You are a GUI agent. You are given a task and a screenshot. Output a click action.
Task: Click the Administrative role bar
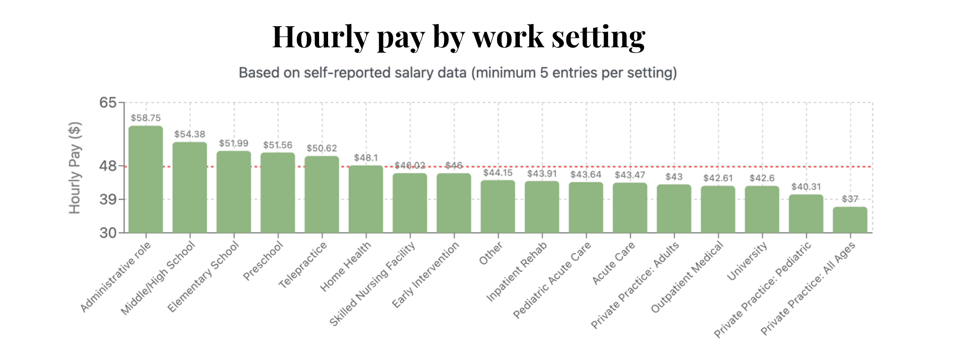146,180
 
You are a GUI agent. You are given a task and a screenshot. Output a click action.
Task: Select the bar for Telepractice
322,194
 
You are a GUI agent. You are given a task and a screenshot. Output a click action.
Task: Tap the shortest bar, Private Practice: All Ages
850,220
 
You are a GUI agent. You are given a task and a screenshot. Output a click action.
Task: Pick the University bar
762,209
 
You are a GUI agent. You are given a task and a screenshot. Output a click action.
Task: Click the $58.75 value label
146,118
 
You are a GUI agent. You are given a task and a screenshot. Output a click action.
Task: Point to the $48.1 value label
366,158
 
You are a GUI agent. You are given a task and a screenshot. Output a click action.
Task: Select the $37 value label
850,199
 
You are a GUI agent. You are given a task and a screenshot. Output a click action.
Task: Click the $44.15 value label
498,173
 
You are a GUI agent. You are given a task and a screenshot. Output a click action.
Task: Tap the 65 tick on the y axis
108,102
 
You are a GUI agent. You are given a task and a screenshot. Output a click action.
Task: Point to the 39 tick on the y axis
108,200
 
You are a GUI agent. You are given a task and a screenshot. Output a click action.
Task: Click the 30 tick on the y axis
108,233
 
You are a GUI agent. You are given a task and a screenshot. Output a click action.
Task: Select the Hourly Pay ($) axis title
75,167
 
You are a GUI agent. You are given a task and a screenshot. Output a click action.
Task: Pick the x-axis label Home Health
346,267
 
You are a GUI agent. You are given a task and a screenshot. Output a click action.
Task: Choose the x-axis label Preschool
263,261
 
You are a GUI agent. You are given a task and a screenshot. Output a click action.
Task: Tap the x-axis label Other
490,253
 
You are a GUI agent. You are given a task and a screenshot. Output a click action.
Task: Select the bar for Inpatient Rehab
542,207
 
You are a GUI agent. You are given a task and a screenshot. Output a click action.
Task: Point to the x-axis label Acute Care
613,263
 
